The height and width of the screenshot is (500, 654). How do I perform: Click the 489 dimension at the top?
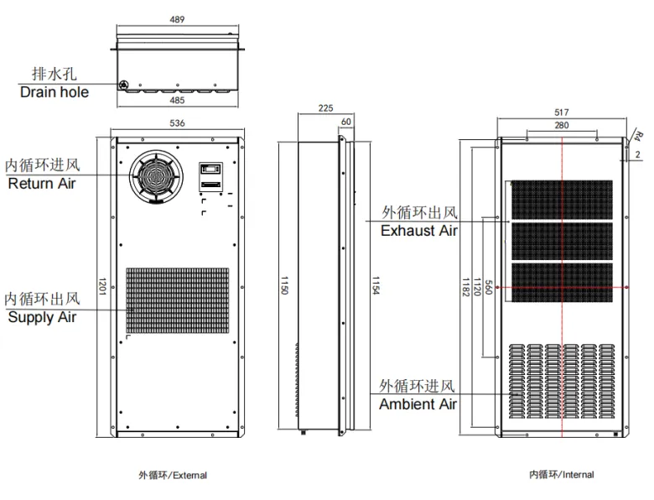point(177,19)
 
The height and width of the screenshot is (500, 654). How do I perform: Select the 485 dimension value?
point(177,100)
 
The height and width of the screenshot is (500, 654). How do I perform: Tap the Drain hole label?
point(54,91)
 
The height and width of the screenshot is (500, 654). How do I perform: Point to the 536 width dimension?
point(177,123)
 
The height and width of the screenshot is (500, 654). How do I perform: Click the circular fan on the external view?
point(153,175)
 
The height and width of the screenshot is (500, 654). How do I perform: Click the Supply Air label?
point(42,317)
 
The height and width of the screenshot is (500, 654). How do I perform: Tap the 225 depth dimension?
point(326,108)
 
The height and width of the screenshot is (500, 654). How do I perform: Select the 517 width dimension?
point(562,112)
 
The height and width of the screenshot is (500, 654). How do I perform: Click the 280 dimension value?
point(562,125)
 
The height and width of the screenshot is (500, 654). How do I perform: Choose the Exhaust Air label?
point(418,231)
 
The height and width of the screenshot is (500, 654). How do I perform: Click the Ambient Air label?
point(418,404)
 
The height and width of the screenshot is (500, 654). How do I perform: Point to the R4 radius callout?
point(638,135)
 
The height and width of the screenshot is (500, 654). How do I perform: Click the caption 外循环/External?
point(173,476)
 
